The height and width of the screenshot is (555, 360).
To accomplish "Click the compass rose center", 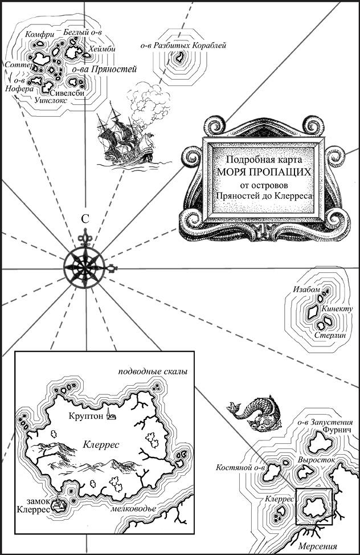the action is [x=85, y=267].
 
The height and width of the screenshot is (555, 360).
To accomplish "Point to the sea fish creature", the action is [x=255, y=413].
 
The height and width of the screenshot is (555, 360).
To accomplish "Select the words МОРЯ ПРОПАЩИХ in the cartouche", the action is [x=264, y=173].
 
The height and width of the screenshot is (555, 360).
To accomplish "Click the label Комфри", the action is [x=40, y=35].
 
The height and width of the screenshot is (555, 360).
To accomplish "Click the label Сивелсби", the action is [x=67, y=93].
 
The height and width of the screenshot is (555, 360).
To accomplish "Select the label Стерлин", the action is [x=330, y=335].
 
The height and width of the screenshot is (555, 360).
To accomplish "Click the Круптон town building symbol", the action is [x=111, y=415].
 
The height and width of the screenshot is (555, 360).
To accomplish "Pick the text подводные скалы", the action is [x=153, y=372].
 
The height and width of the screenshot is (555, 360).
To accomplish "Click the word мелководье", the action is [x=133, y=509].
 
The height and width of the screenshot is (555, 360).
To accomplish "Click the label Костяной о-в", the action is [x=241, y=468].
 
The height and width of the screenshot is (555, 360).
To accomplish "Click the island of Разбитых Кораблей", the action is [x=180, y=56].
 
